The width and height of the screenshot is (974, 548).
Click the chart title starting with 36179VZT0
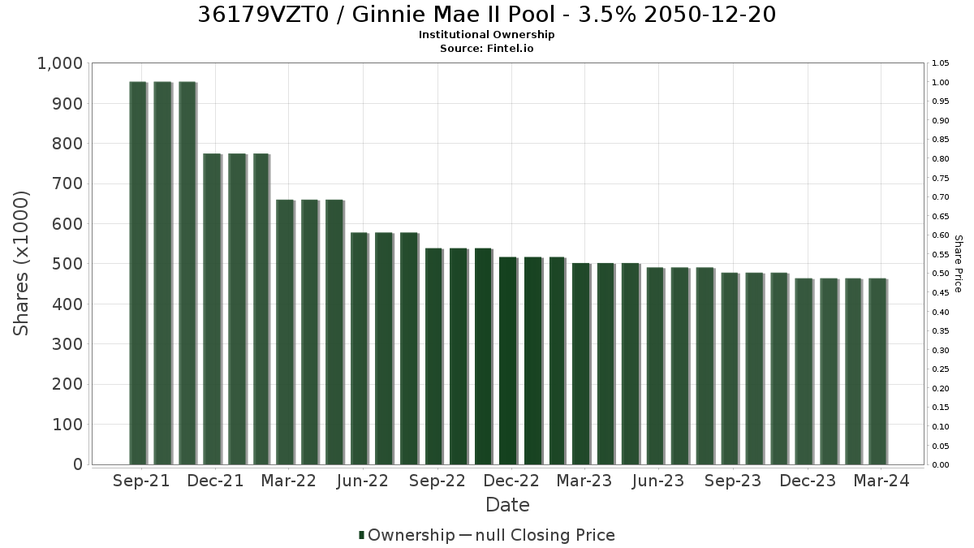[486, 15]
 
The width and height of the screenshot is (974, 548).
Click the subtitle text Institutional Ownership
[486, 35]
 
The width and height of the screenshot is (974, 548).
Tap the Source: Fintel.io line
[486, 48]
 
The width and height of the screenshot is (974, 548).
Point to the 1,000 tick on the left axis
[60, 63]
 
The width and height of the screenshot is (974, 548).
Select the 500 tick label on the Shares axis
[67, 264]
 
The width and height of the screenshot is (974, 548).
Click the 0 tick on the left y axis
[78, 464]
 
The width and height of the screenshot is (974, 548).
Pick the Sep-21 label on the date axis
[141, 481]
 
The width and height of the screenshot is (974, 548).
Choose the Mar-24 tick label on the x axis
[881, 481]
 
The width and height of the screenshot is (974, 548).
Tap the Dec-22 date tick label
[511, 481]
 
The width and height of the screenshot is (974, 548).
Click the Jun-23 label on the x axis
[658, 481]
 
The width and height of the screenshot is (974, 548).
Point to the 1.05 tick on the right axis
[941, 63]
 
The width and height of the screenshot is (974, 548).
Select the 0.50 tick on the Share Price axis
[941, 274]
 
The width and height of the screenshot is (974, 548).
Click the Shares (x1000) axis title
[21, 264]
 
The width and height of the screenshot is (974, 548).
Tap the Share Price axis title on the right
[959, 264]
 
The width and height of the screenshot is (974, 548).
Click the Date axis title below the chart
[507, 505]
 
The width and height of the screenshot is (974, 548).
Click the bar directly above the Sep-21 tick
[138, 273]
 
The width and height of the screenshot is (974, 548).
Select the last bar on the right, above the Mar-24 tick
[877, 372]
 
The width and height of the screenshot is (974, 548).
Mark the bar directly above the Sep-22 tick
[434, 356]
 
